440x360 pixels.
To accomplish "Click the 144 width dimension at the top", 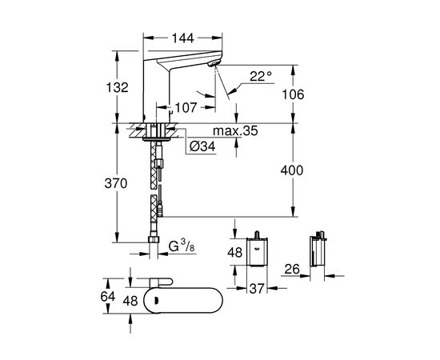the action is [182, 38].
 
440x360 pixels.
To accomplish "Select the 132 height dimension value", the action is [118, 87].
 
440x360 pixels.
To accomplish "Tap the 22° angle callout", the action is [261, 76].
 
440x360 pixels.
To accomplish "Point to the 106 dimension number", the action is [293, 94].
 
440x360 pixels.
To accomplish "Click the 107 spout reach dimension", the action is [186, 107].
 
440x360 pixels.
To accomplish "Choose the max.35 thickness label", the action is [235, 130].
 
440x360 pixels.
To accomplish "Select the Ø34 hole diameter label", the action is [202, 146].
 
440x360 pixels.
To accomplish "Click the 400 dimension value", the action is [292, 170].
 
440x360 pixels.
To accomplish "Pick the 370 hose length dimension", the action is [116, 183].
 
